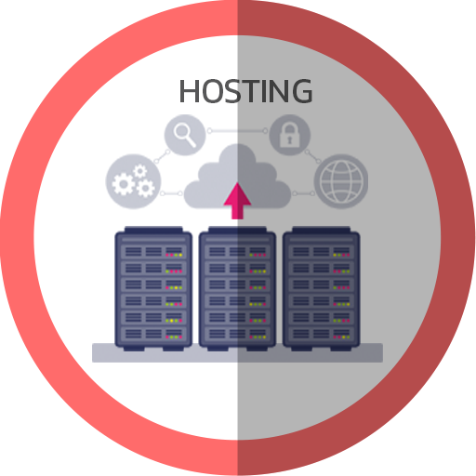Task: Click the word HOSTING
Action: [245, 91]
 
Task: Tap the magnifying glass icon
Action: [185, 135]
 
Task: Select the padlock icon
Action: [290, 135]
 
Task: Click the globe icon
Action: [341, 181]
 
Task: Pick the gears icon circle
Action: [133, 181]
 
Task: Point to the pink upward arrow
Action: [237, 201]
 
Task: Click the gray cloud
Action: [237, 177]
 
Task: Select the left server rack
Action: [153, 288]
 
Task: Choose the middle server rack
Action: [237, 288]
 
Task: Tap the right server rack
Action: [322, 288]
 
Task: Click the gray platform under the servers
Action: [237, 352]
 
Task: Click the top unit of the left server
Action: [153, 252]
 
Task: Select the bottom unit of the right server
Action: [322, 334]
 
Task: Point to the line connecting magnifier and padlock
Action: [237, 131]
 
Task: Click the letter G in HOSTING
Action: [302, 91]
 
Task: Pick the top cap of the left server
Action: [153, 230]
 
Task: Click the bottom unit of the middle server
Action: [237, 334]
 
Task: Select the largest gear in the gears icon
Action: [123, 184]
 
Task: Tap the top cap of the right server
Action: [322, 230]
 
